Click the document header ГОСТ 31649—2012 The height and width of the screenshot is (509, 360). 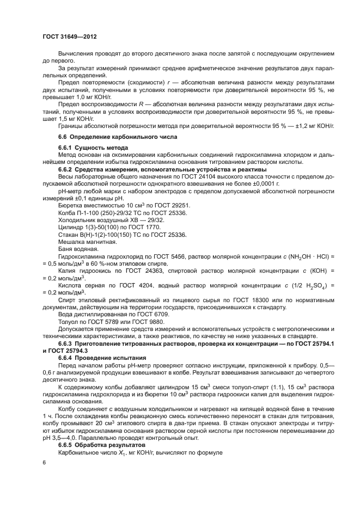(69, 36)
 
